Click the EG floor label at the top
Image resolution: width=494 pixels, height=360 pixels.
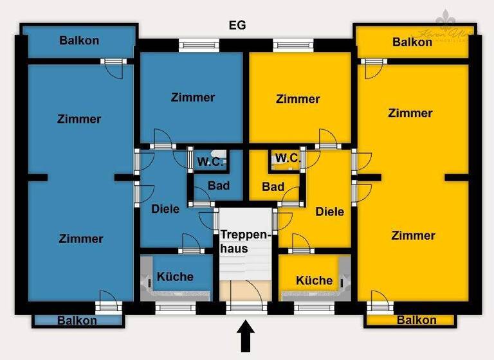click(x=237, y=26)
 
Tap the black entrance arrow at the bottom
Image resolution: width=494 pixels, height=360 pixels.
click(x=246, y=337)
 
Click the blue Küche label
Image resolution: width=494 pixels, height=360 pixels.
click(x=175, y=276)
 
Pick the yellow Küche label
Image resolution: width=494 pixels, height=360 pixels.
click(x=315, y=280)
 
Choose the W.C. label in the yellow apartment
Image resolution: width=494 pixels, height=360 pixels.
click(x=287, y=157)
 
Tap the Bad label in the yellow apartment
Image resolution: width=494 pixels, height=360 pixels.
click(x=273, y=187)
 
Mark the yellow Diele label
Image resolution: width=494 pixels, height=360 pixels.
click(x=329, y=212)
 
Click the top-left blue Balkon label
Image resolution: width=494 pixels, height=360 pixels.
click(x=79, y=40)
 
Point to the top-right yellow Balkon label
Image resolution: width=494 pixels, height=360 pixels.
click(x=412, y=42)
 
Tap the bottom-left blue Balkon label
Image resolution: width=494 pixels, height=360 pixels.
click(x=77, y=320)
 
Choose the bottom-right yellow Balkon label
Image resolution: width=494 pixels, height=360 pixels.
click(x=416, y=320)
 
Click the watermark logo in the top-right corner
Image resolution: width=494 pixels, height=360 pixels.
click(x=446, y=26)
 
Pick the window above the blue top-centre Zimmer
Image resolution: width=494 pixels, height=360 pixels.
click(x=199, y=45)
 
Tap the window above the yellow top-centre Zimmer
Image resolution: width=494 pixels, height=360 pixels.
click(x=293, y=45)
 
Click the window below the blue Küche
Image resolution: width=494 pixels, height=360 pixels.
click(x=176, y=308)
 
